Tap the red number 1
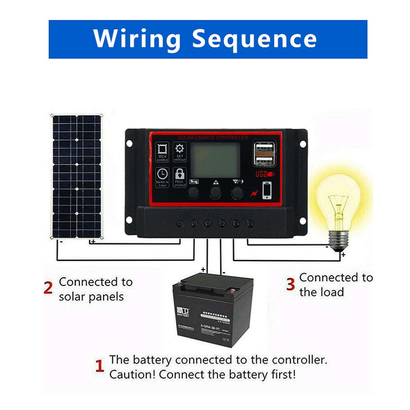click(100, 366)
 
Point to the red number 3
click(290, 283)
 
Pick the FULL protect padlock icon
click(180, 176)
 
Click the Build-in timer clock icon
click(163, 176)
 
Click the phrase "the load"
click(321, 293)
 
